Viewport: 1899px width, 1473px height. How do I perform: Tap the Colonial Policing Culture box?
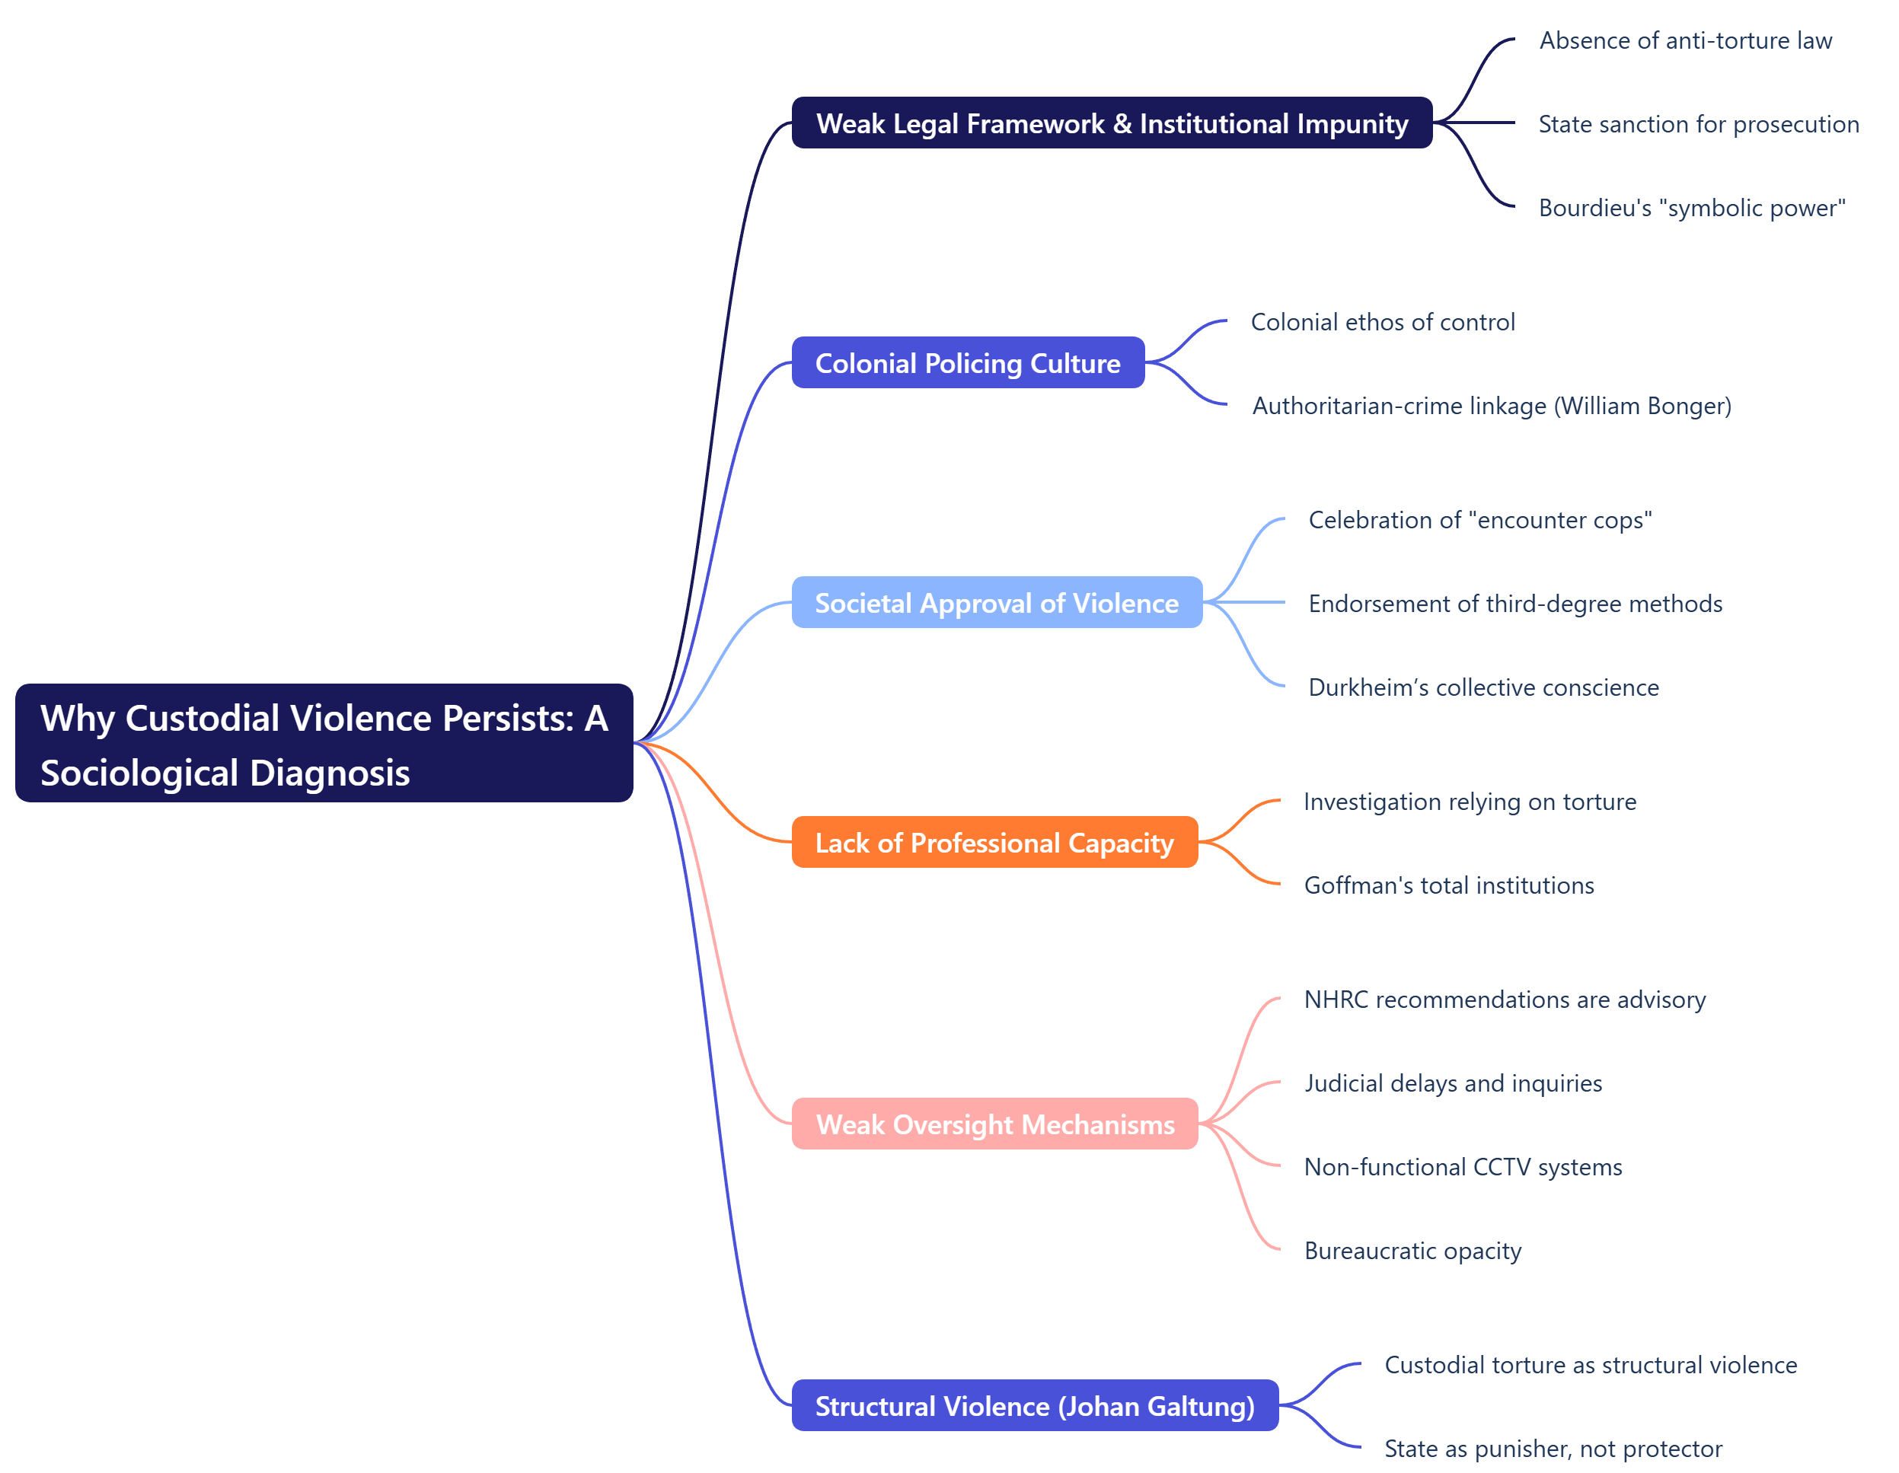pyautogui.click(x=967, y=362)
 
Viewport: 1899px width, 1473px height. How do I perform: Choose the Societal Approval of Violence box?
pyautogui.click(x=997, y=603)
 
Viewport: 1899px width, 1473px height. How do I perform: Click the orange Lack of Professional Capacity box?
pyautogui.click(x=994, y=843)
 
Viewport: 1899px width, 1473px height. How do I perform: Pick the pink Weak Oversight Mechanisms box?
pyautogui.click(x=994, y=1124)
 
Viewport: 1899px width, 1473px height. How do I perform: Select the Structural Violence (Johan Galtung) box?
pyautogui.click(x=1034, y=1405)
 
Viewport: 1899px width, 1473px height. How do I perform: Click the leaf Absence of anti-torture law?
pyautogui.click(x=1685, y=40)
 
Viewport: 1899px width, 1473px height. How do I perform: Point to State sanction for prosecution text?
pyautogui.click(x=1698, y=123)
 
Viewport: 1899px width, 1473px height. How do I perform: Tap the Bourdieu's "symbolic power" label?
pyautogui.click(x=1691, y=208)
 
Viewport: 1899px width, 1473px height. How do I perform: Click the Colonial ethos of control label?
pyautogui.click(x=1383, y=322)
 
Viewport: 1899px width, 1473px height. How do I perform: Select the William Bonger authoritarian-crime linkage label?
pyautogui.click(x=1491, y=405)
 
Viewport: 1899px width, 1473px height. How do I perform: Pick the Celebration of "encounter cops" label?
pyautogui.click(x=1479, y=519)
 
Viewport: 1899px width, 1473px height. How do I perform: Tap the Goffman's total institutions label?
pyautogui.click(x=1448, y=885)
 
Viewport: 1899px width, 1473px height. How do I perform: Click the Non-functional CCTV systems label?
pyautogui.click(x=1463, y=1166)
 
